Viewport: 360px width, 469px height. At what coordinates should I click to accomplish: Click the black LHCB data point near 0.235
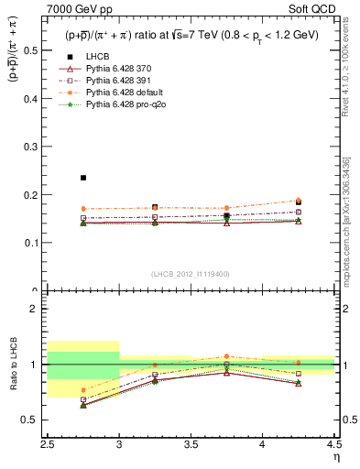(x=83, y=178)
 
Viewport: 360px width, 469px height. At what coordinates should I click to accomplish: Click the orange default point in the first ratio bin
(x=83, y=389)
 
